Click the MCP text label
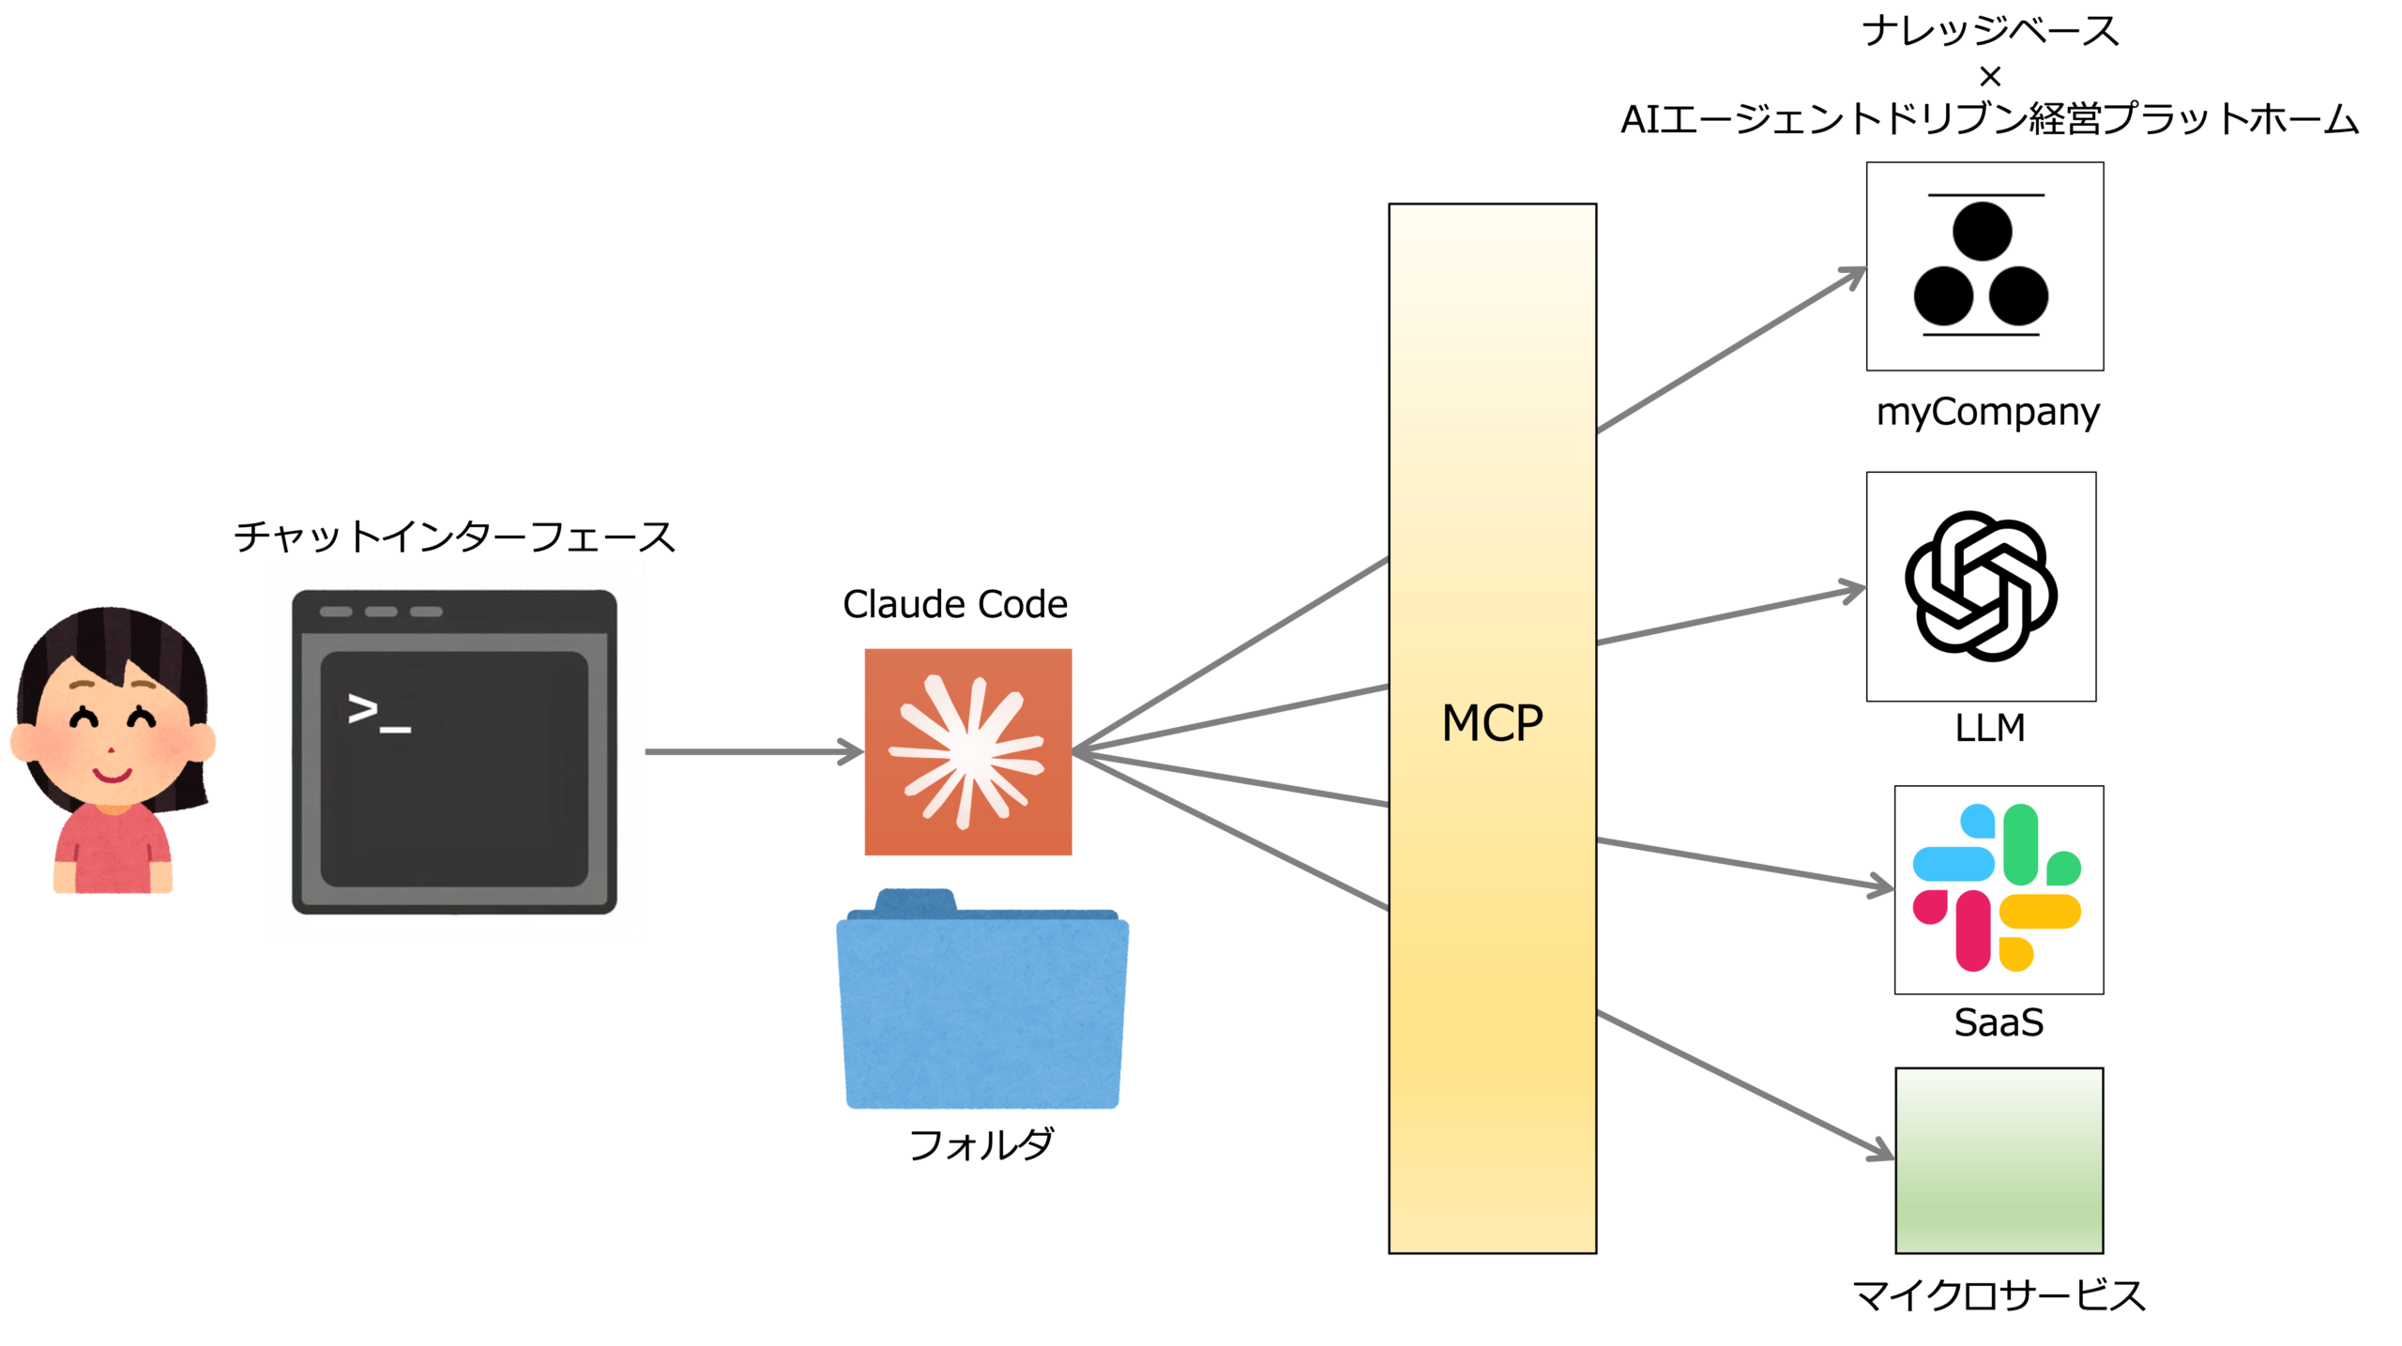point(1492,724)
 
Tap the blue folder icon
point(982,1008)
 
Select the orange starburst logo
point(968,751)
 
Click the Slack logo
point(1998,888)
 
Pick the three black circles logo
point(1984,265)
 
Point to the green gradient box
point(1999,1160)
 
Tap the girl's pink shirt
point(113,849)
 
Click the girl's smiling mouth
point(112,775)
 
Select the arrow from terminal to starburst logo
point(751,751)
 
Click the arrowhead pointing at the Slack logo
point(1881,885)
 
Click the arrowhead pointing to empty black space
point(1853,591)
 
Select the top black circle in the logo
point(1982,231)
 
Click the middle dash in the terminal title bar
point(381,612)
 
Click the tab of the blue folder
point(914,899)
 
